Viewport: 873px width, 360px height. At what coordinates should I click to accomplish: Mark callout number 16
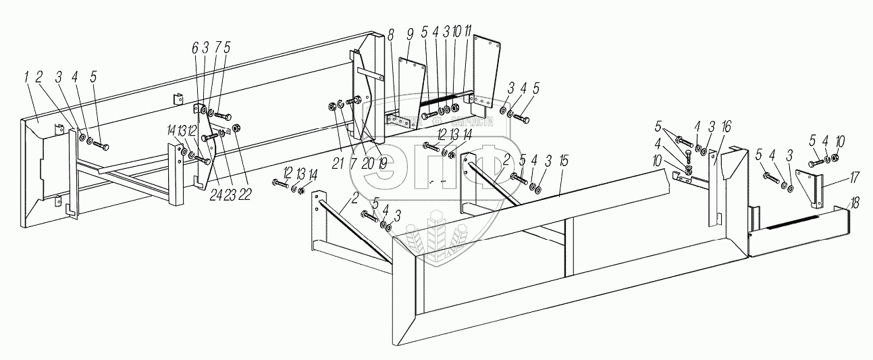pos(725,127)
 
